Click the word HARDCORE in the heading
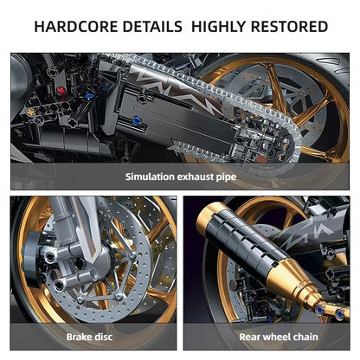pos(76,26)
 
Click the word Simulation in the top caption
pos(152,177)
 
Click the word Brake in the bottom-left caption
pos(80,336)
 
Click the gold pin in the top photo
pos(33,112)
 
